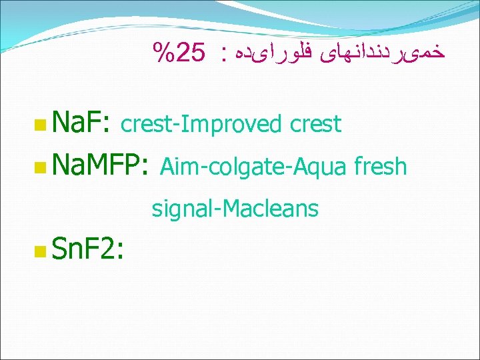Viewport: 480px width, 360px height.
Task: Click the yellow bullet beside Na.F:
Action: [x=41, y=124]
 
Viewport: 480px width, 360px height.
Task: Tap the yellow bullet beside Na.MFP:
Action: [x=41, y=166]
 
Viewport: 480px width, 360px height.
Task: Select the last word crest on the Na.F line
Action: [x=315, y=125]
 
